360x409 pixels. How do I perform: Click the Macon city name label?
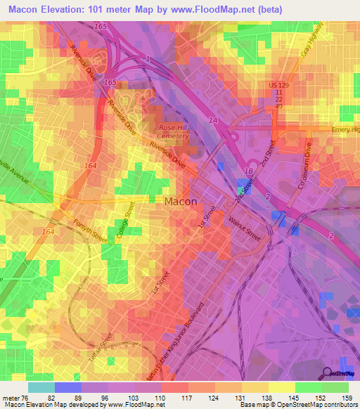tap(180, 201)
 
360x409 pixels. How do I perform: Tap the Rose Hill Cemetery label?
tap(174, 131)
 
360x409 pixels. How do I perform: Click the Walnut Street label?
tap(245, 229)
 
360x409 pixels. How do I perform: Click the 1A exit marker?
tap(213, 122)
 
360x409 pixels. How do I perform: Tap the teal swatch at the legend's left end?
tap(41, 387)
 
